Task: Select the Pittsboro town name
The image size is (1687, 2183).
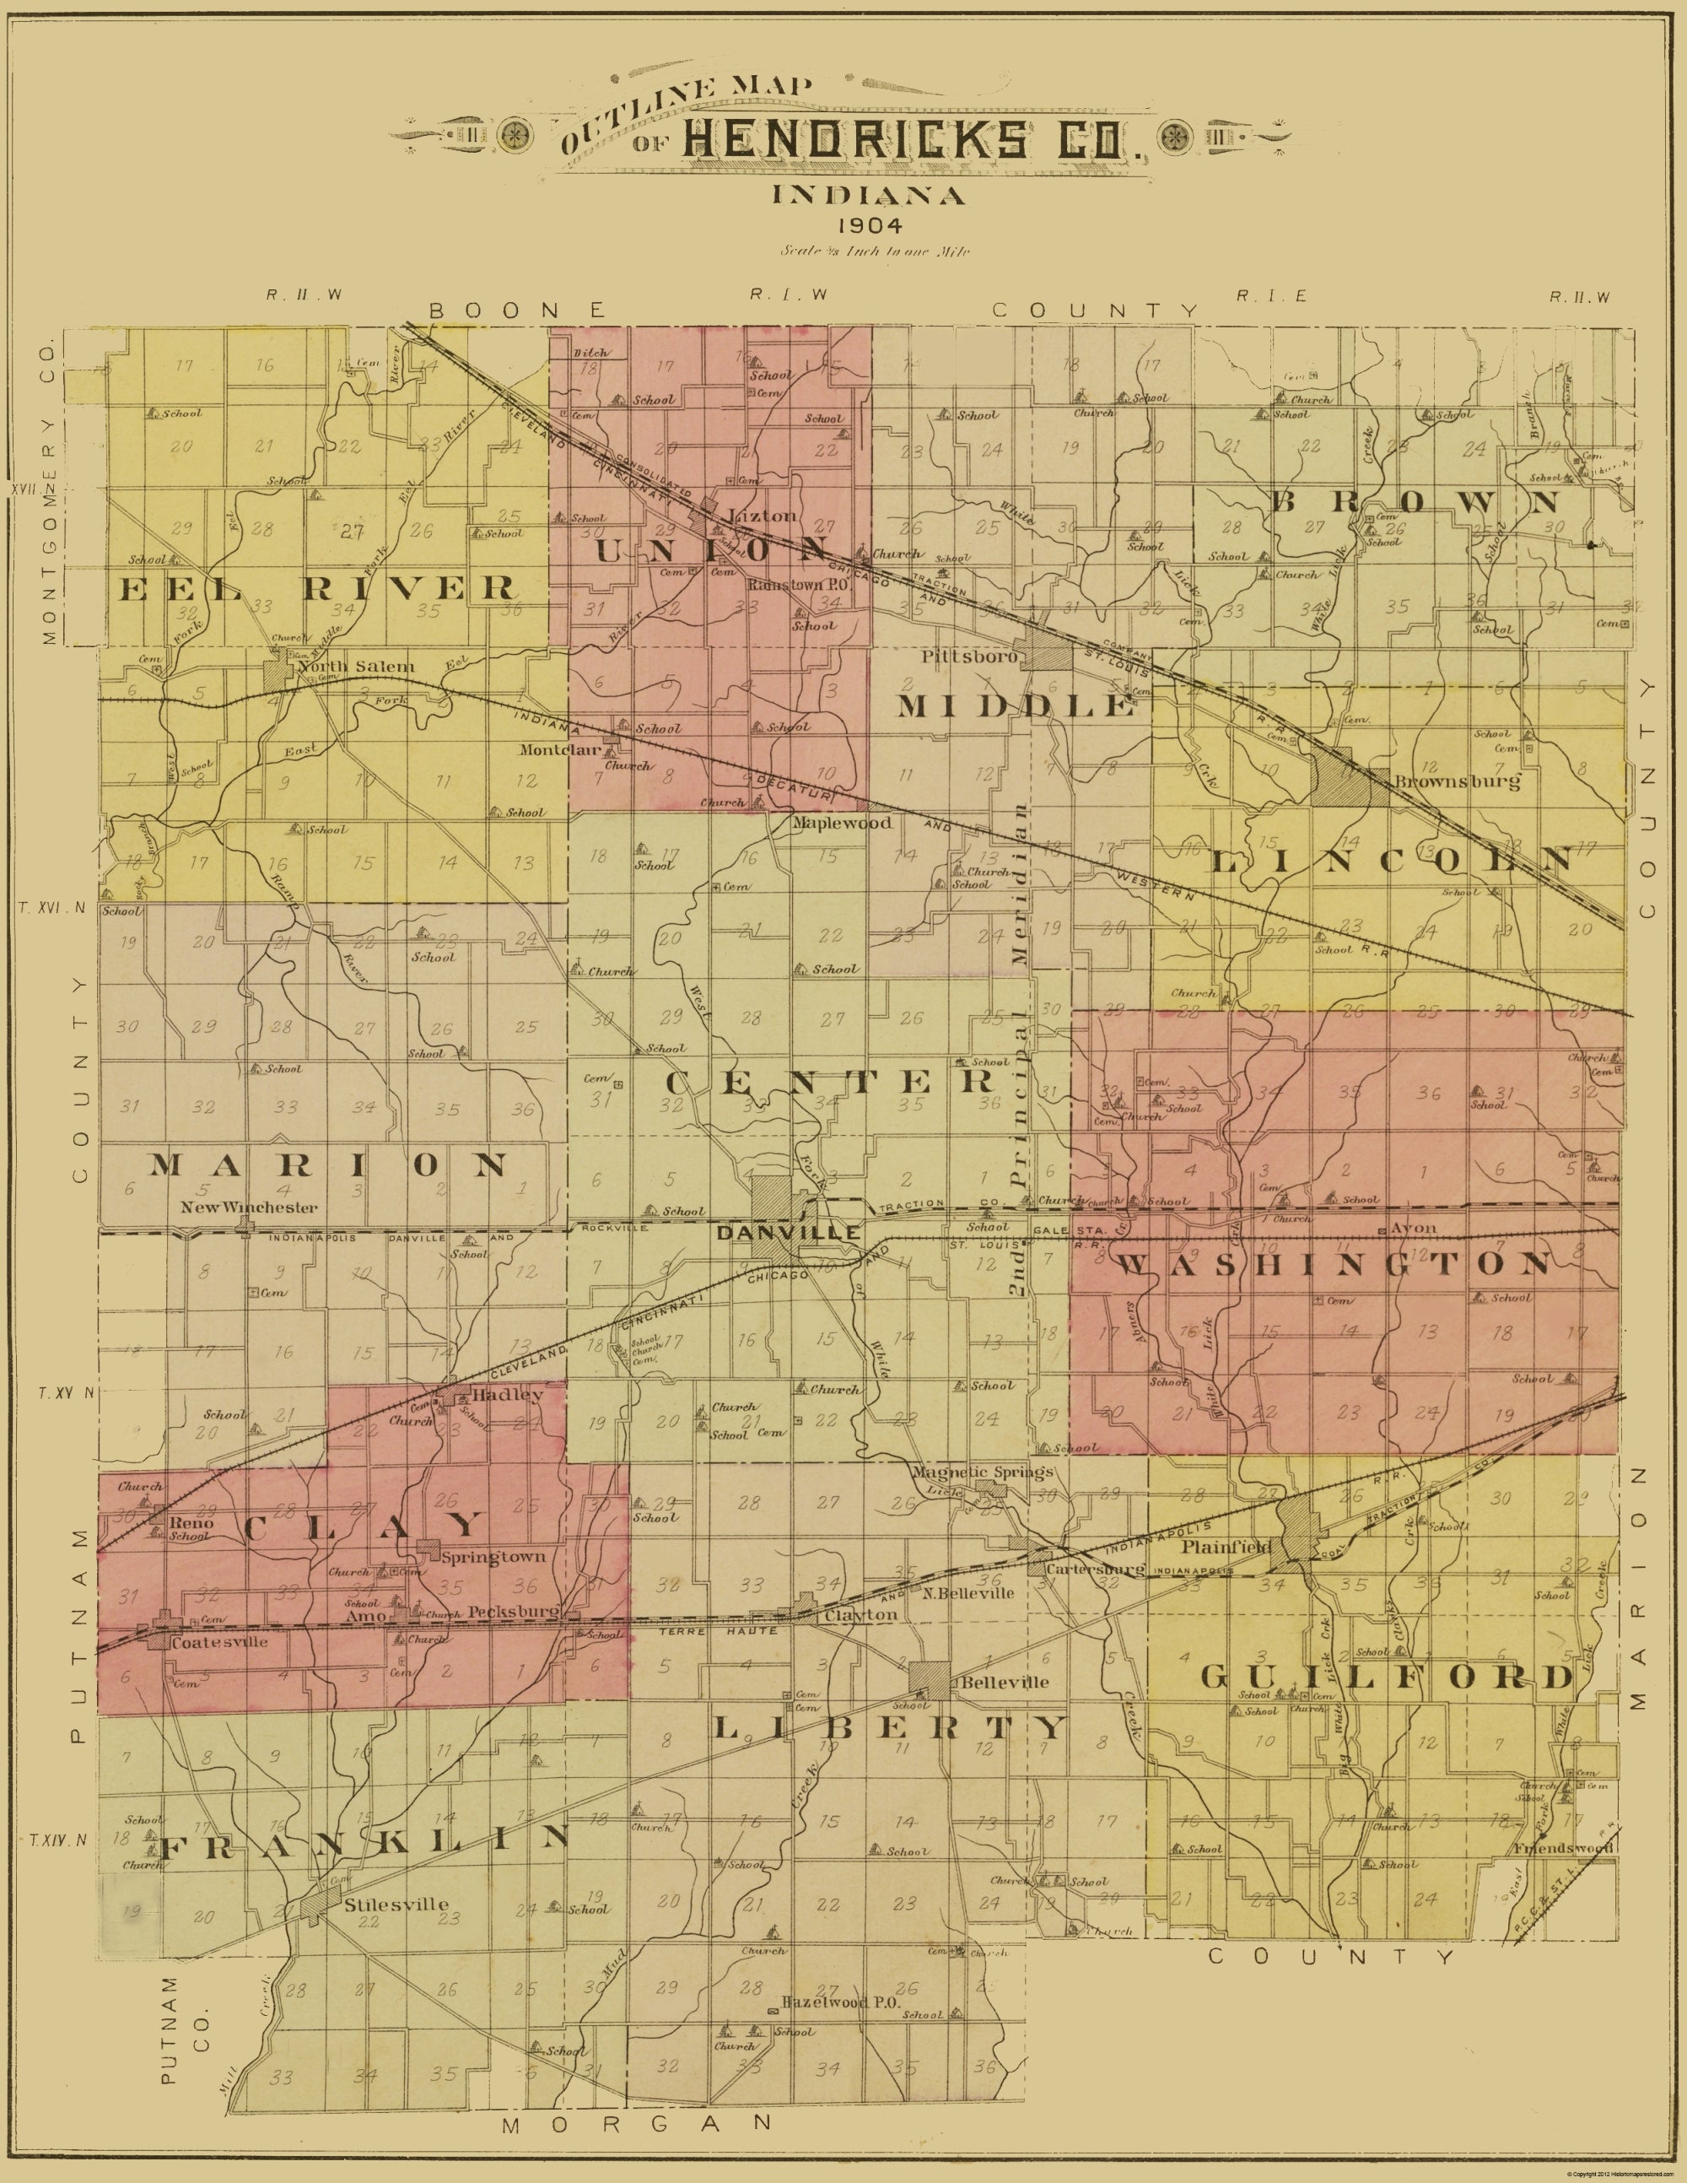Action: coord(969,657)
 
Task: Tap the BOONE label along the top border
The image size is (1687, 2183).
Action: coord(517,310)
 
